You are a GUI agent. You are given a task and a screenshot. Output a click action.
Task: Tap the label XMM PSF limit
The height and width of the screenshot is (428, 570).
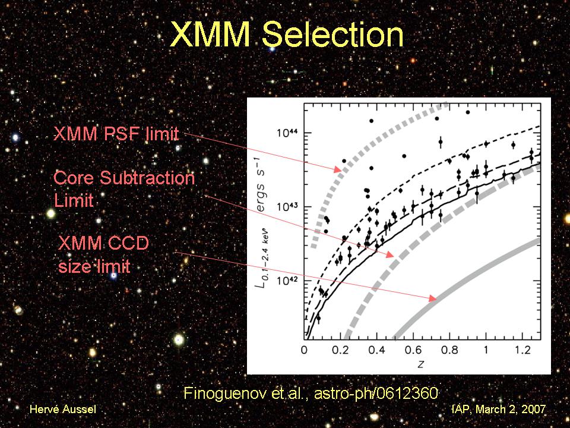[x=116, y=134]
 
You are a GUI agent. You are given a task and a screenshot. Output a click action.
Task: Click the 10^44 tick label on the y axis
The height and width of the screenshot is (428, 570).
[x=287, y=132]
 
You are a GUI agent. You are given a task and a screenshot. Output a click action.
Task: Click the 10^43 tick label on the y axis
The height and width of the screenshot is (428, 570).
[x=287, y=206]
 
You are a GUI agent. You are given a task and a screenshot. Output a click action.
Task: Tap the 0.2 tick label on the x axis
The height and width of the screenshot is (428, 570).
[x=341, y=351]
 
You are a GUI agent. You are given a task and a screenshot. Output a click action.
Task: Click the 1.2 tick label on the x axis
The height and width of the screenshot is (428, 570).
[x=522, y=351]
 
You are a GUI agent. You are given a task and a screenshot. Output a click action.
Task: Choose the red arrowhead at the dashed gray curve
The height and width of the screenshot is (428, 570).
[x=389, y=255]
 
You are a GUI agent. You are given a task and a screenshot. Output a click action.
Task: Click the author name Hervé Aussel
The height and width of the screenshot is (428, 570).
[x=62, y=410]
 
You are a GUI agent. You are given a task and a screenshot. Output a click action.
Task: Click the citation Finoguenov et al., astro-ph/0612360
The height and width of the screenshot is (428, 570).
[x=311, y=393]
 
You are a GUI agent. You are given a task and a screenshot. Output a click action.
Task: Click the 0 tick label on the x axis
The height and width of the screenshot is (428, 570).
[x=305, y=351]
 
